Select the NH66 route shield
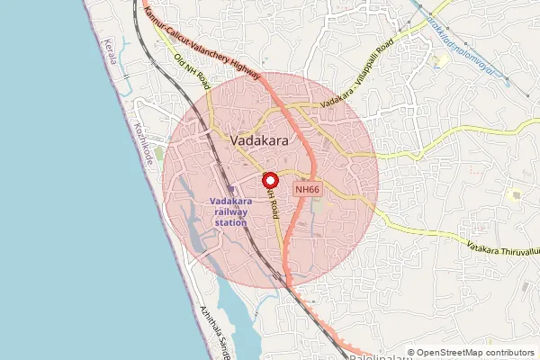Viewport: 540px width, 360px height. pyautogui.click(x=308, y=189)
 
